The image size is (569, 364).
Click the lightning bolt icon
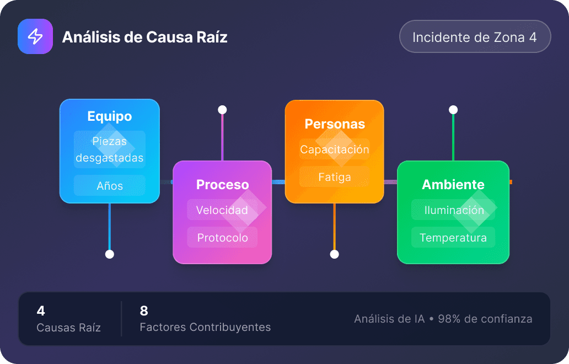[x=35, y=36]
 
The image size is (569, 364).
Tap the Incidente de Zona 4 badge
[x=475, y=37]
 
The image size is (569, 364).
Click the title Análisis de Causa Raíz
[x=144, y=37]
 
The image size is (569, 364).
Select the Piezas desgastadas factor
[x=110, y=149]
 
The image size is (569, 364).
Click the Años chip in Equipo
[x=110, y=186]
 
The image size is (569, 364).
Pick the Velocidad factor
[x=222, y=210]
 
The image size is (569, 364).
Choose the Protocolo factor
[x=222, y=238]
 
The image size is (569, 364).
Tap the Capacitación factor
[x=334, y=149]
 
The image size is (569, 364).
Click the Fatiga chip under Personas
[x=334, y=177]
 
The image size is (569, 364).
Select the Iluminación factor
[x=453, y=210]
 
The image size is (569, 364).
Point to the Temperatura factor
[x=453, y=238]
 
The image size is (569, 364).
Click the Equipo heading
[x=110, y=116]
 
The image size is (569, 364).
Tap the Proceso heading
[x=222, y=185]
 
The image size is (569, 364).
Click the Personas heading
[x=334, y=124]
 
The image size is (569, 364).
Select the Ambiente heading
[x=453, y=185]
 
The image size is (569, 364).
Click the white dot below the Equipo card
[x=110, y=254]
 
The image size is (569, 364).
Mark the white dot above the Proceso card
[x=222, y=110]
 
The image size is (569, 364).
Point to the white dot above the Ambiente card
[x=453, y=110]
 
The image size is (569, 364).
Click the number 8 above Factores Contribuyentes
[x=144, y=311]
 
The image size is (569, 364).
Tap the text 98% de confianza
[x=485, y=319]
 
